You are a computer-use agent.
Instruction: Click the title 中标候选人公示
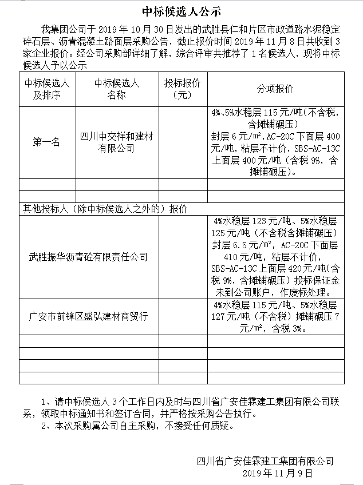(181, 11)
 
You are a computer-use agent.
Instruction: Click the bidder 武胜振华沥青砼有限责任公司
(88, 257)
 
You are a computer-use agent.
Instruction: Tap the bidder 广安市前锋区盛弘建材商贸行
(88, 315)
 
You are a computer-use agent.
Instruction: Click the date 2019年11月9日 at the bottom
(278, 473)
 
